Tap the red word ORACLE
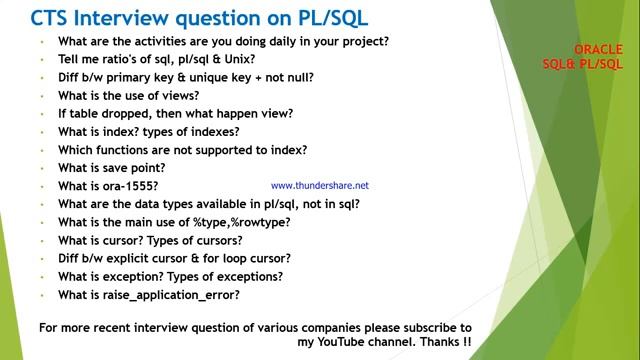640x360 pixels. pos(599,49)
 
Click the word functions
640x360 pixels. pos(123,150)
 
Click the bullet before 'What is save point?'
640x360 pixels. pos(43,168)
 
